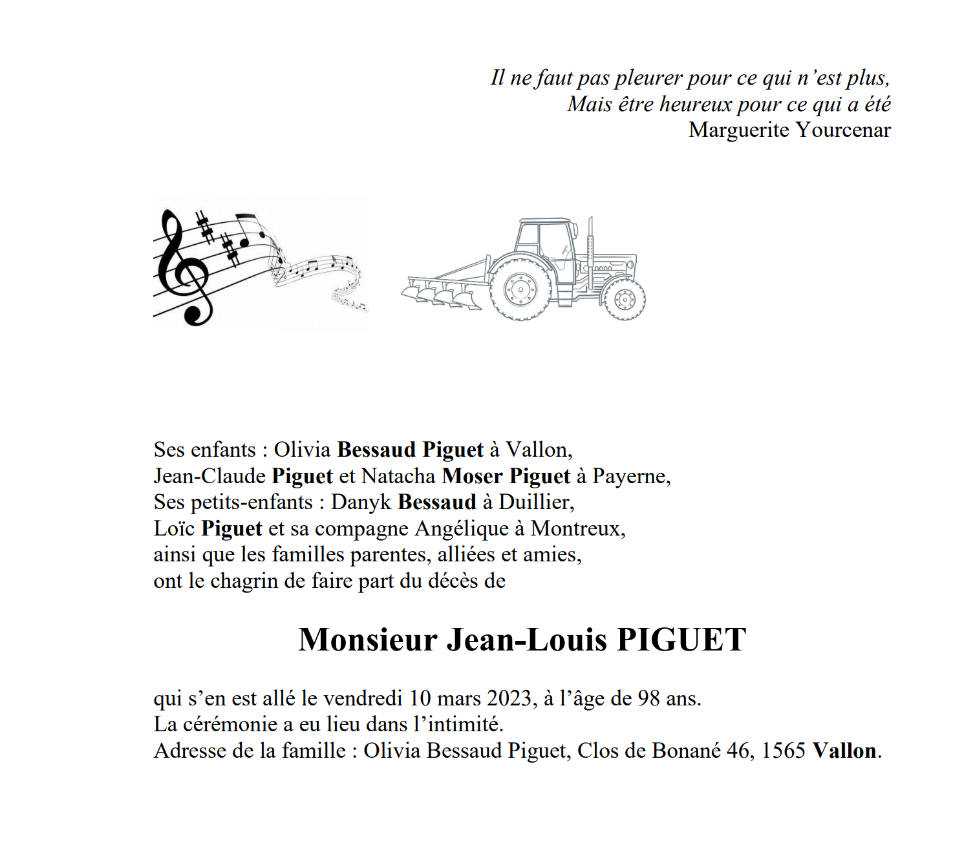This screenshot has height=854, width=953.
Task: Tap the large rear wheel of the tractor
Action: (x=520, y=289)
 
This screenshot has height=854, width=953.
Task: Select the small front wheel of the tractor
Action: (x=625, y=298)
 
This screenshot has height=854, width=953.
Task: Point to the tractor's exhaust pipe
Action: (x=590, y=249)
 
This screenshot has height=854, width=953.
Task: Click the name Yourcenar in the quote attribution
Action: (x=843, y=130)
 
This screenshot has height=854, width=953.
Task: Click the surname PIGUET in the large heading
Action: (x=681, y=640)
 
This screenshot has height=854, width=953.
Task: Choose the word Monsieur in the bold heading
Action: (x=368, y=640)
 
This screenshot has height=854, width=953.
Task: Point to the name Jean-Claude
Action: (x=209, y=476)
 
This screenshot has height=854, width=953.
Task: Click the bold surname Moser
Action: (x=472, y=476)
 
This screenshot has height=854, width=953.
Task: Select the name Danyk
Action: (x=361, y=502)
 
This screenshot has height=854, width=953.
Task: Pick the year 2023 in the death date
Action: (x=509, y=698)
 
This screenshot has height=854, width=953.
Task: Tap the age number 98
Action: (x=649, y=698)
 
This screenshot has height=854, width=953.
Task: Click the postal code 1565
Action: (x=783, y=751)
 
